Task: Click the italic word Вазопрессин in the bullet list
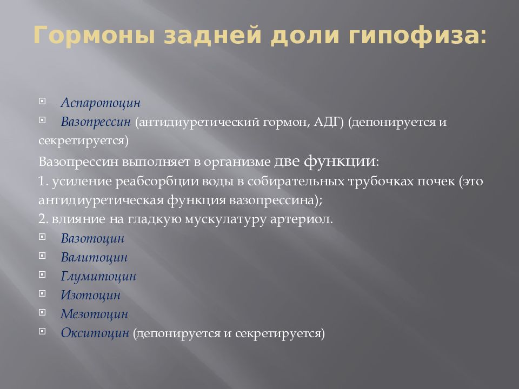point(96,122)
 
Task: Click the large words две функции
point(325,161)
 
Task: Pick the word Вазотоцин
point(92,238)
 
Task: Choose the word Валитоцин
point(94,257)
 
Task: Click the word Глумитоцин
point(98,277)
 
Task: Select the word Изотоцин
point(90,295)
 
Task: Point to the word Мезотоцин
point(94,314)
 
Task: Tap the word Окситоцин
point(95,333)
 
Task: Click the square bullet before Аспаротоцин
point(42,101)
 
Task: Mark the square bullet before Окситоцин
point(42,332)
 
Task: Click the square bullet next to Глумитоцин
point(42,275)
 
